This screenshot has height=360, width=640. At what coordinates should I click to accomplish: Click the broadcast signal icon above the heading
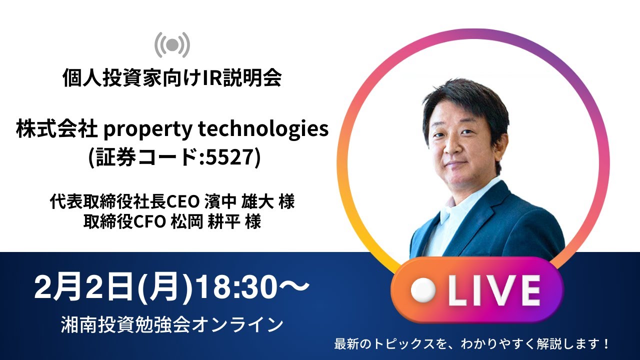click(172, 45)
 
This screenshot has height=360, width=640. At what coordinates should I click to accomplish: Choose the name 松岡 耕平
click(205, 221)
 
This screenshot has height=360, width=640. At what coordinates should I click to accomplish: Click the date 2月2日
click(78, 288)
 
